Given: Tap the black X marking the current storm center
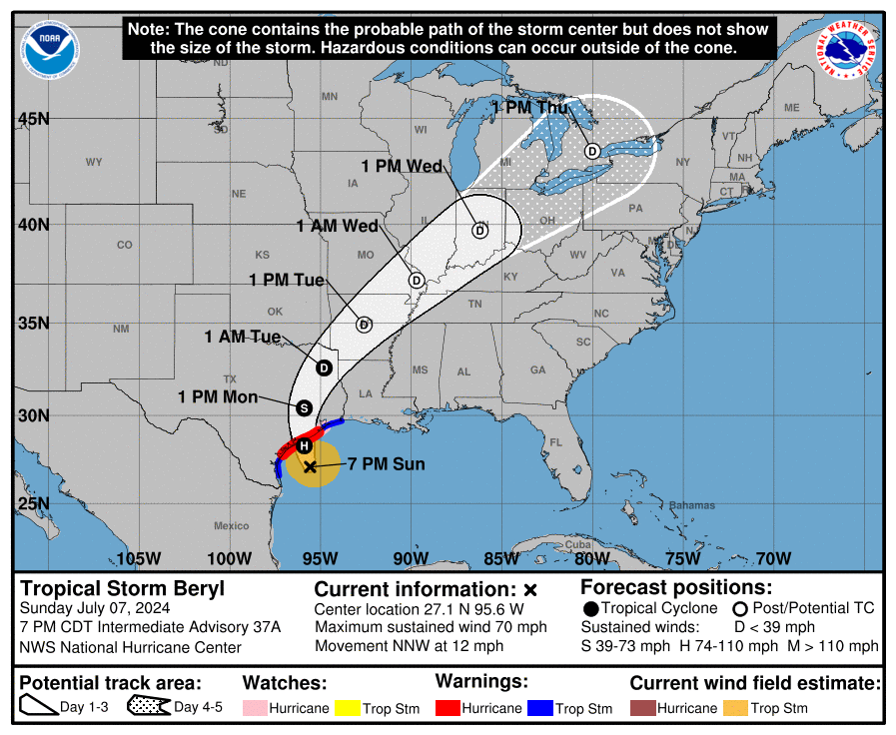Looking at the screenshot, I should [x=311, y=466].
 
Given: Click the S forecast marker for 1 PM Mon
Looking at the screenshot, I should [x=305, y=408].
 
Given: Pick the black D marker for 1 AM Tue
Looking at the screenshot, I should [x=324, y=367].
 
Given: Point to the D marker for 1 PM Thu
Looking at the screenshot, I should [x=592, y=151].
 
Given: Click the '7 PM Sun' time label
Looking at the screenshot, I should [x=387, y=464].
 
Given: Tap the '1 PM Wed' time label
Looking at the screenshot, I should [x=402, y=166].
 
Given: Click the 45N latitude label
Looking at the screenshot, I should [x=34, y=119].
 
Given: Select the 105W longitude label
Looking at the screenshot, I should [x=138, y=558].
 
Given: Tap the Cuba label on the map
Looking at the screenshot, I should [x=579, y=544].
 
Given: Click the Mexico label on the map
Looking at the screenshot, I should [x=231, y=525].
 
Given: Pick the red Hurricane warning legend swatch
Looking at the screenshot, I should [x=448, y=708].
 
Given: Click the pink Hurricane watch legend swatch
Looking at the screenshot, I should [x=255, y=708].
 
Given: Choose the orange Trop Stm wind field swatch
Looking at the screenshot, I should [x=736, y=708].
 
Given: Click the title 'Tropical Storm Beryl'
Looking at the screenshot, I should [x=123, y=587].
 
